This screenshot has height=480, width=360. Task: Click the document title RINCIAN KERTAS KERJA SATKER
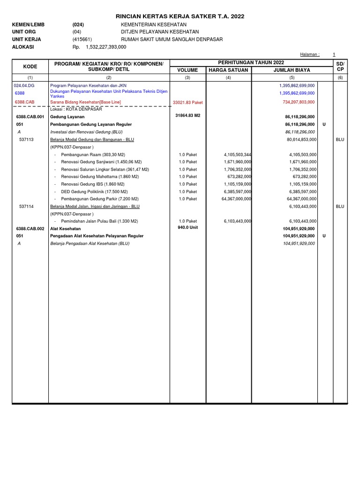[x=180, y=16]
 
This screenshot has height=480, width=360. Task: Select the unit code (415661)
[x=82, y=39]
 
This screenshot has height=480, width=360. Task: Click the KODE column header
[x=30, y=67]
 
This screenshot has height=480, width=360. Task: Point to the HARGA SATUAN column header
[x=228, y=70]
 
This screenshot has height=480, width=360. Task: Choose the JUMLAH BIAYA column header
[x=292, y=70]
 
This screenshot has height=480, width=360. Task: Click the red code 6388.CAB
[x=24, y=102]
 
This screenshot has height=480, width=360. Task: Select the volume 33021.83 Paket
[x=187, y=102]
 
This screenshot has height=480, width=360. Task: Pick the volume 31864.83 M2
[x=187, y=115]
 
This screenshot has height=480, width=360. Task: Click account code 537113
[x=26, y=139]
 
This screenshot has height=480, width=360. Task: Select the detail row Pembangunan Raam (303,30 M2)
[x=93, y=154]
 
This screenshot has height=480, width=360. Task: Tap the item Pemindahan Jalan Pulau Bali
[x=99, y=221]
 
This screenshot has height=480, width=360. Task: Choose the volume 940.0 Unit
[x=187, y=227]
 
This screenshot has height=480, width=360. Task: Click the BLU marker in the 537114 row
[x=340, y=206]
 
